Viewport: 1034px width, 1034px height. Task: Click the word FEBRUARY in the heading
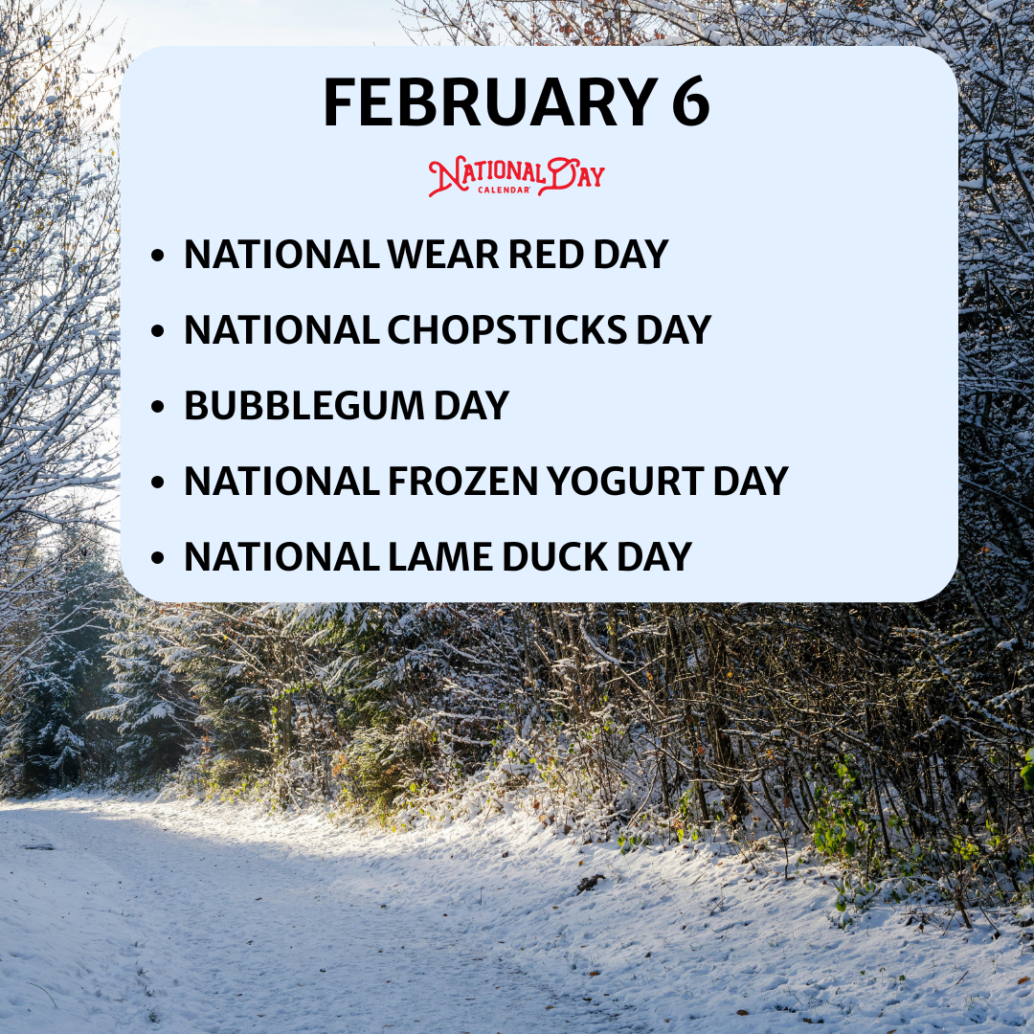(490, 102)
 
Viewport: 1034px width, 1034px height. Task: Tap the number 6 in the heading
(690, 102)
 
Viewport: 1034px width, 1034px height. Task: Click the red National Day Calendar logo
(516, 176)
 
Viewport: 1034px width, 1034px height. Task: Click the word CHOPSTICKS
(507, 329)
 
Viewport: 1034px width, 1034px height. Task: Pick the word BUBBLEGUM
(304, 406)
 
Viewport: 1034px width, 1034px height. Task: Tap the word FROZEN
(463, 482)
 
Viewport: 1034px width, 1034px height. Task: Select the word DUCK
(554, 557)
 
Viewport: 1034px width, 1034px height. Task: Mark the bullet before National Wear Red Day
(157, 256)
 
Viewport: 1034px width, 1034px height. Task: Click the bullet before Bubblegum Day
(157, 406)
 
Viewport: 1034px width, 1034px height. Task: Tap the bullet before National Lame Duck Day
(157, 558)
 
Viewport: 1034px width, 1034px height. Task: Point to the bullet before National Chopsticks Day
(157, 330)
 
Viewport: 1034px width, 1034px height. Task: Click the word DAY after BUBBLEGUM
(471, 406)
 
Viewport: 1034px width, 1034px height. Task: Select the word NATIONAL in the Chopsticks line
(281, 329)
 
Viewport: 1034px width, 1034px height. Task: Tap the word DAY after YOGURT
(751, 482)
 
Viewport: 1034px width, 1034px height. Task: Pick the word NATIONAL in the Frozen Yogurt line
(281, 482)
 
